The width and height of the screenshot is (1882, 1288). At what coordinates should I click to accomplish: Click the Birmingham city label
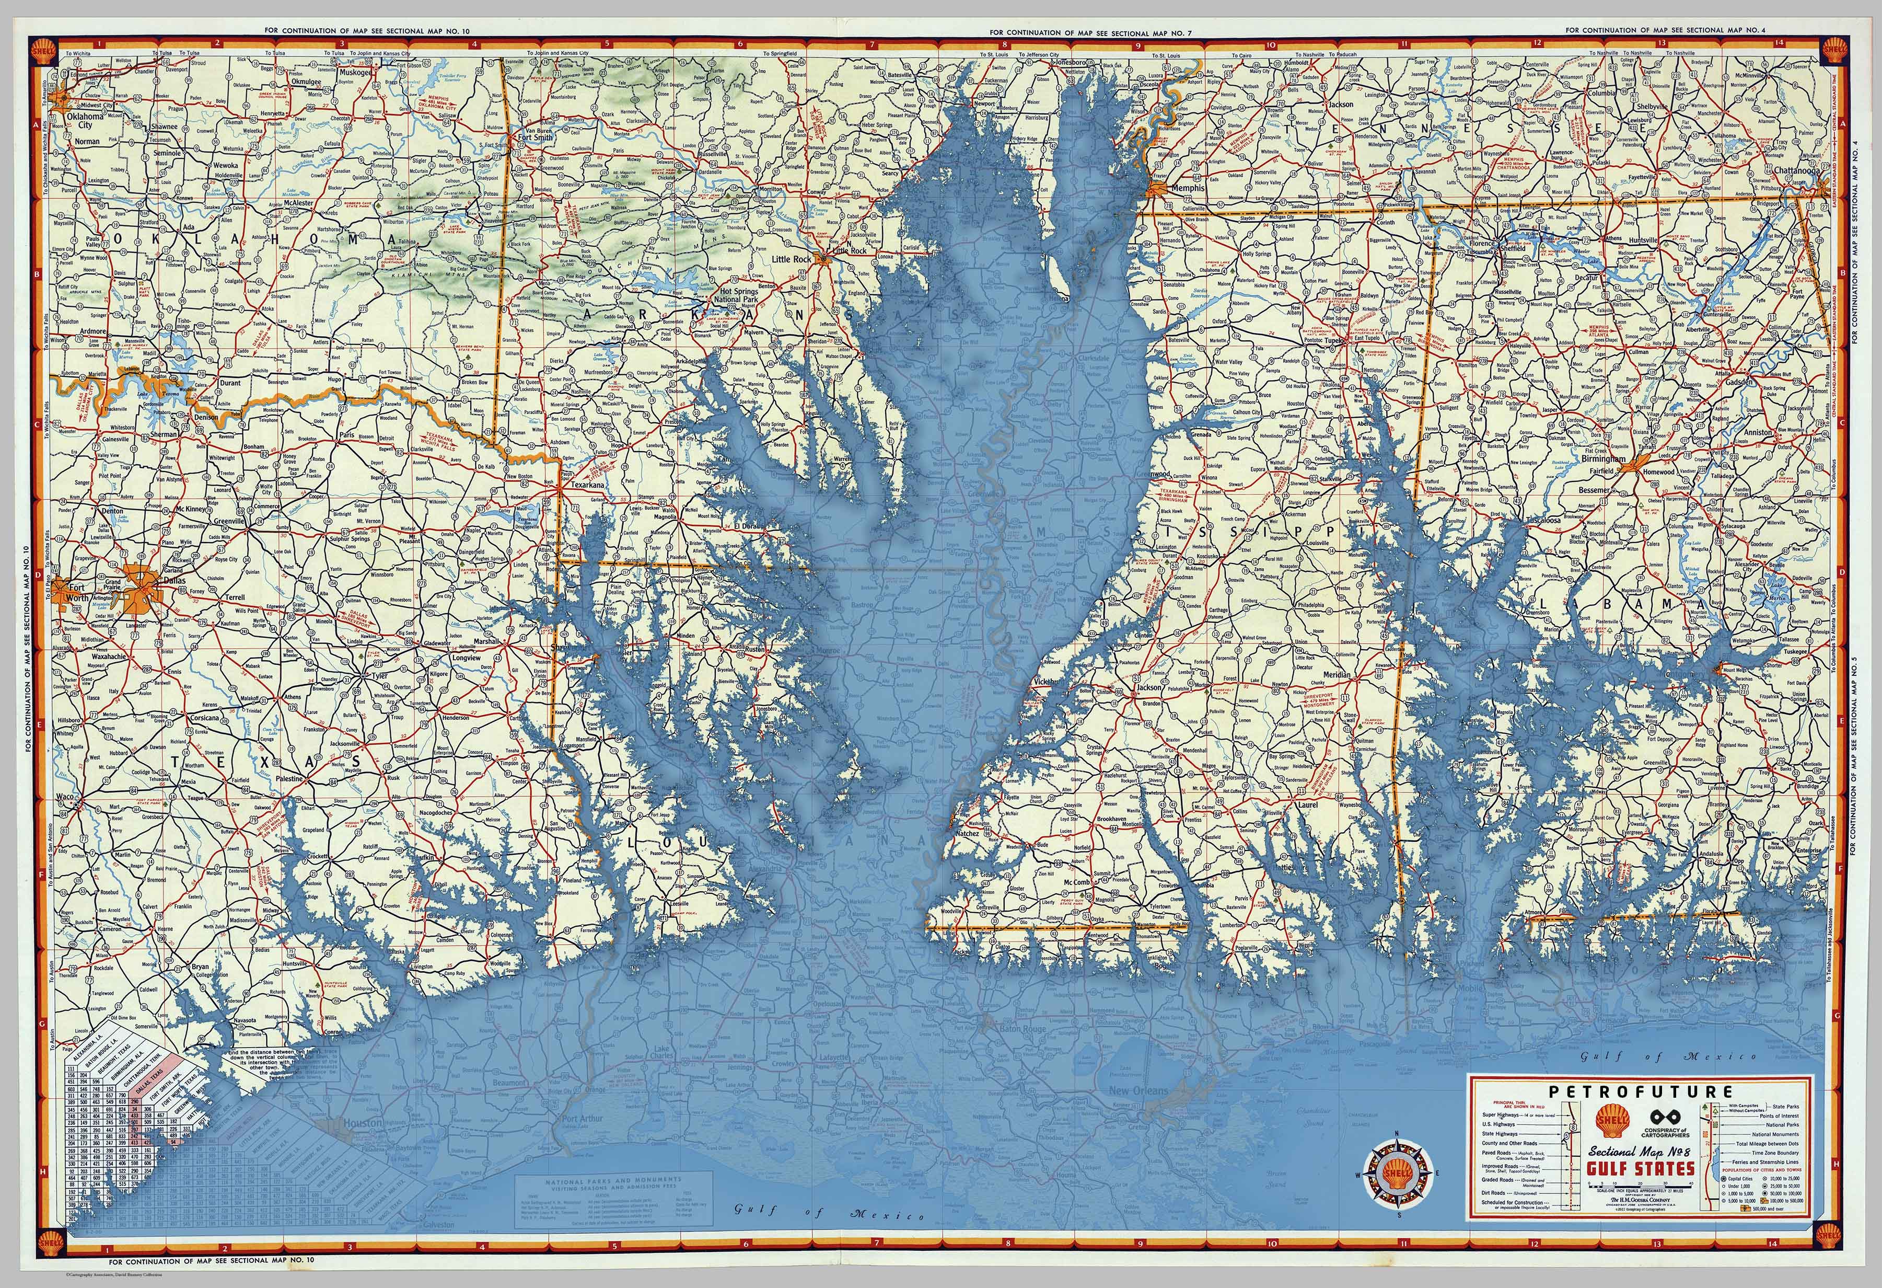coord(1602,458)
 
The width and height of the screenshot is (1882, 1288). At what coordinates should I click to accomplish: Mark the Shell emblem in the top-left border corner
coord(38,52)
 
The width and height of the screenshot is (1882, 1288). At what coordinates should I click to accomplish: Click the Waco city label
coord(65,797)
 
